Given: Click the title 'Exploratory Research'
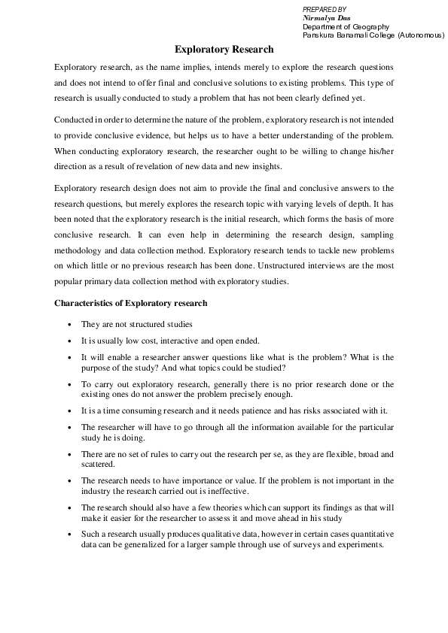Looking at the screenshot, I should [x=224, y=50].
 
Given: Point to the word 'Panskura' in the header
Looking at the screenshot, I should [x=318, y=35].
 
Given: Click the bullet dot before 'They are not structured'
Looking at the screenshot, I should [x=69, y=325].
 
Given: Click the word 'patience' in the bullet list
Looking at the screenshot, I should [x=273, y=410].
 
